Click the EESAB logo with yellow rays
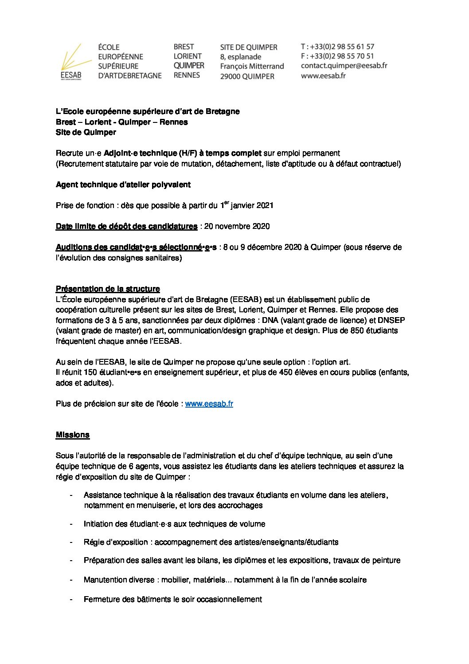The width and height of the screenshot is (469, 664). [x=71, y=62]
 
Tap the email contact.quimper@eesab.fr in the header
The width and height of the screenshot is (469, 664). [x=344, y=66]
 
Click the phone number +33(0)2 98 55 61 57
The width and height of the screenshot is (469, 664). [x=342, y=47]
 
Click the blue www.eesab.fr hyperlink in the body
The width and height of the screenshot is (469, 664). [x=209, y=404]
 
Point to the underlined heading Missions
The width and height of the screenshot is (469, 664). [x=73, y=435]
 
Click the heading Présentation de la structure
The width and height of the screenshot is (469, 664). [x=108, y=289]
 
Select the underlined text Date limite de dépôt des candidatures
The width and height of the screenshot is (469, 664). [x=126, y=226]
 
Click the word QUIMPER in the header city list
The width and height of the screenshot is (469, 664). [x=189, y=66]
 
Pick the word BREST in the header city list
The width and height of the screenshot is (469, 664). [x=184, y=47]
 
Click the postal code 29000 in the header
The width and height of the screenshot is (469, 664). [x=230, y=76]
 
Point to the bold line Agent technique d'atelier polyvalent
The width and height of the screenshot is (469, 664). [x=123, y=185]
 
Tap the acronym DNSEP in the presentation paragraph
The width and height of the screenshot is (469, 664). [x=391, y=320]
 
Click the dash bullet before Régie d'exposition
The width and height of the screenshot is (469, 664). [x=71, y=542]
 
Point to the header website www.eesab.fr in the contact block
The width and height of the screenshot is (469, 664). [x=323, y=75]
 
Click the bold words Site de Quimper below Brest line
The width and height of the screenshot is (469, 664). [x=86, y=132]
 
